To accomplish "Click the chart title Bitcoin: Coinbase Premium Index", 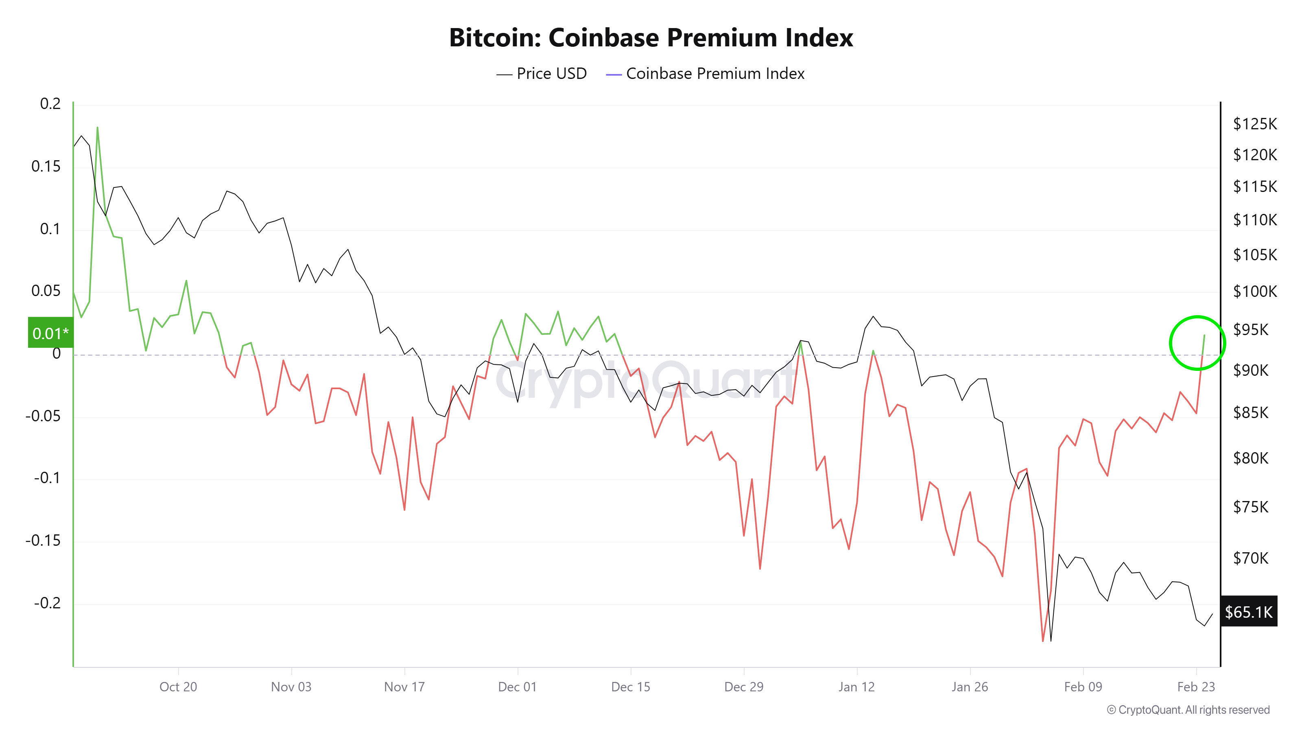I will pos(651,37).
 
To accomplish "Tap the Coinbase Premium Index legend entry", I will pos(705,74).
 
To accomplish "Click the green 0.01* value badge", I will pos(50,333).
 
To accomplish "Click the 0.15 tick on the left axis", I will pos(46,166).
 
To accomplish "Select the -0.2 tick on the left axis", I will pos(47,603).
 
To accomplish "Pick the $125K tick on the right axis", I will pos(1254,124).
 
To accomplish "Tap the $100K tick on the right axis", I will pos(1254,292).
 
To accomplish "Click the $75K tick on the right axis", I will pos(1250,507).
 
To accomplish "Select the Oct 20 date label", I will pos(178,686).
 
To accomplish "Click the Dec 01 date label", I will pos(517,686).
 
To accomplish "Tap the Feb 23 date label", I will pos(1195,686).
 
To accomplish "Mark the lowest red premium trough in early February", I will pos(1043,640).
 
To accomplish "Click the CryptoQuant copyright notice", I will pos(1188,710).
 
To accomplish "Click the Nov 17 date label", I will pos(404,686).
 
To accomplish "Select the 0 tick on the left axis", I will pos(56,354).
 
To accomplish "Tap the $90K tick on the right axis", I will pos(1250,370).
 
